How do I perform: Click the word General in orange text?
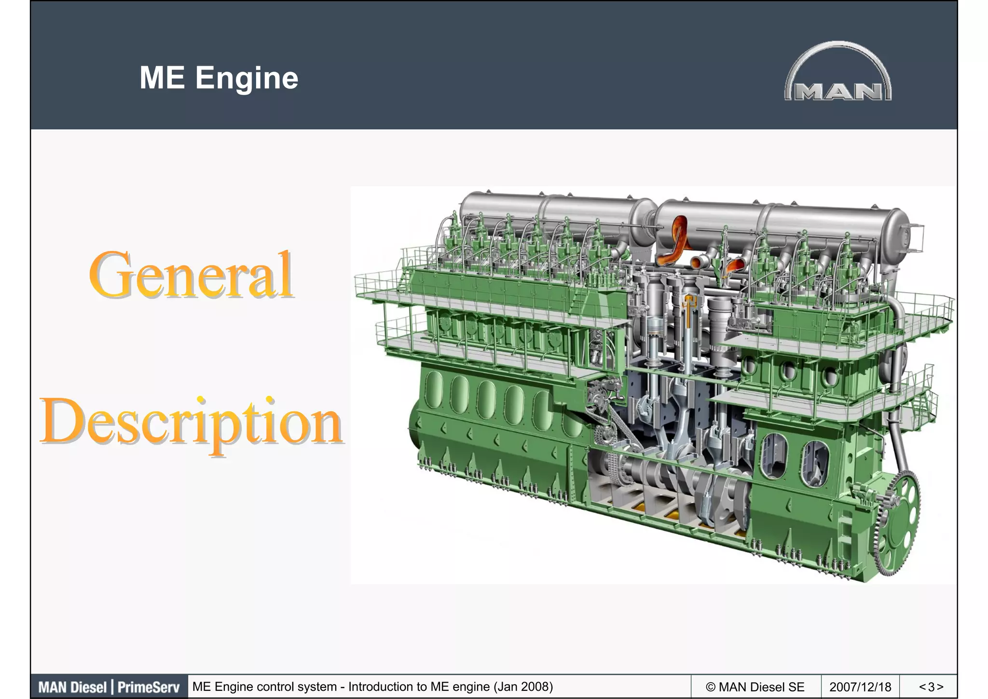[191, 275]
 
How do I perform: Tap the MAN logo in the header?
[838, 72]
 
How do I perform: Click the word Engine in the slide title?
[247, 78]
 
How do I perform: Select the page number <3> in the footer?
[931, 686]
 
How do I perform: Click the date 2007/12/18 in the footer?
[860, 686]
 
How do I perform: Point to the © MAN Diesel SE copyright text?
[755, 686]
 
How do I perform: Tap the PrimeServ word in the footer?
[148, 687]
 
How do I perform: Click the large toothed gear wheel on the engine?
[897, 524]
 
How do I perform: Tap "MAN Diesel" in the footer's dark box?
[72, 687]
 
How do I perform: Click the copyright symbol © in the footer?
[711, 686]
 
